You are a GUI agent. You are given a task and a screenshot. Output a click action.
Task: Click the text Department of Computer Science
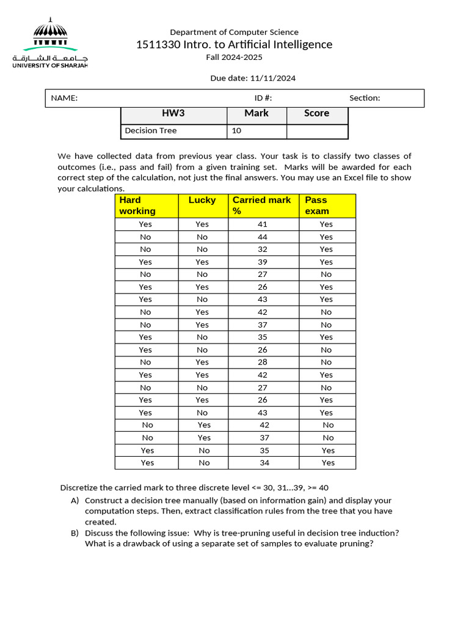[x=234, y=32]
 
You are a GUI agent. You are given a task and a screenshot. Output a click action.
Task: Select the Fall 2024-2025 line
[x=234, y=57]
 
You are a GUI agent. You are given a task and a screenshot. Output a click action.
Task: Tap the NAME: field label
[x=64, y=98]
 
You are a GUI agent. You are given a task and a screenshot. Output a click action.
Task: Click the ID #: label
[x=263, y=98]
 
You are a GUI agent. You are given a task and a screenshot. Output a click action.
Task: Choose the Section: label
[x=365, y=98]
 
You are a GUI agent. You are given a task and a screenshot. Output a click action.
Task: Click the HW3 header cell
[x=173, y=113]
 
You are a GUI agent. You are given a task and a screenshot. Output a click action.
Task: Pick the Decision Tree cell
[x=150, y=130]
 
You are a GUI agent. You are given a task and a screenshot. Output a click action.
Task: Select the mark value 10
[x=237, y=130]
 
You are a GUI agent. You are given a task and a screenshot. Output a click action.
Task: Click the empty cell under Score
[x=317, y=131]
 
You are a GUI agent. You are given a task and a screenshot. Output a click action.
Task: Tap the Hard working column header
[x=137, y=205]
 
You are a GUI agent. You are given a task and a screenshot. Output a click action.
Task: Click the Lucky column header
[x=202, y=200]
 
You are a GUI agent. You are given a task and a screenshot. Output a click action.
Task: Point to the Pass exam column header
[x=316, y=205]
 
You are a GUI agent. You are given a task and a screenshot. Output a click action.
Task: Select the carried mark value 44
[x=263, y=237]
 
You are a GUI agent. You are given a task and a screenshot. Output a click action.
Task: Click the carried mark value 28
[x=263, y=362]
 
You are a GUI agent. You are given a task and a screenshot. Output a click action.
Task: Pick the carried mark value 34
[x=264, y=463]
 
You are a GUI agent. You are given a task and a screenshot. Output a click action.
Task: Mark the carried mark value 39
[x=263, y=262]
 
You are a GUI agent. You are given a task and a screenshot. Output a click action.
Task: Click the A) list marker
[x=75, y=500]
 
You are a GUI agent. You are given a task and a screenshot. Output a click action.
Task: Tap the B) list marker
[x=75, y=533]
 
